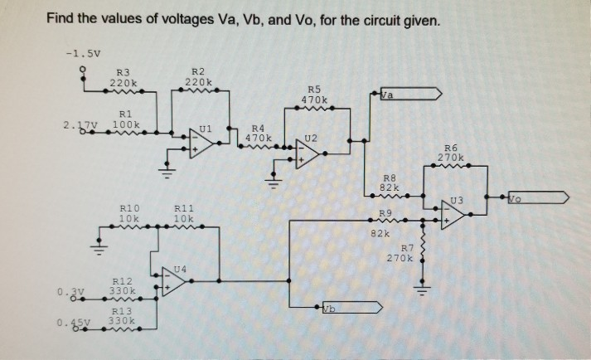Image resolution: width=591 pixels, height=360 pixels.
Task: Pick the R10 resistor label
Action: point(129,208)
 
